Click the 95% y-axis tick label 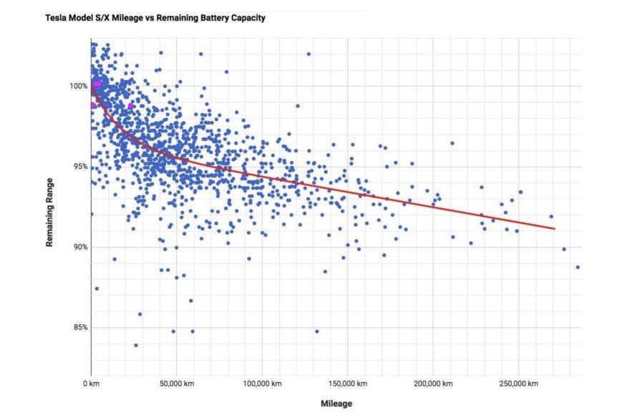[78, 167]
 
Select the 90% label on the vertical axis [78, 248]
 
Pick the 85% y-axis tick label [78, 328]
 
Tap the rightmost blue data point [577, 267]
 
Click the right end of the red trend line [554, 229]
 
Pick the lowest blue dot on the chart [136, 345]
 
